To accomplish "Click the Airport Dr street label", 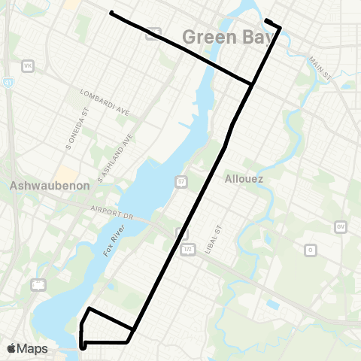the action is coord(111,213).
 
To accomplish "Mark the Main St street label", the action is coord(319,68).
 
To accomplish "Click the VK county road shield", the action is coord(29,66).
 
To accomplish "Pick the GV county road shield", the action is coord(340,226).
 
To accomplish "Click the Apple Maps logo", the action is coord(26,348).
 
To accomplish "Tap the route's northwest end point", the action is coord(111,13).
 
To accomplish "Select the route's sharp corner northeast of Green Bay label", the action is coord(281,29).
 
